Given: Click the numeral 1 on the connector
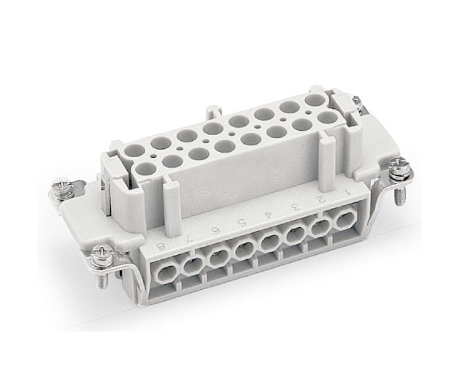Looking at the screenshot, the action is pyautogui.click(x=347, y=192).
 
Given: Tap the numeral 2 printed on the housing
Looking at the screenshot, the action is pyautogui.click(x=322, y=200).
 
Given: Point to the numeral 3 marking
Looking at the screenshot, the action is pyautogui.click(x=296, y=208).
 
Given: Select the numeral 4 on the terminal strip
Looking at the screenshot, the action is pyautogui.click(x=268, y=216).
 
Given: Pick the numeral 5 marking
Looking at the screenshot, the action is pyautogui.click(x=242, y=223).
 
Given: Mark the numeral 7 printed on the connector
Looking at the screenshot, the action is pyautogui.click(x=188, y=240).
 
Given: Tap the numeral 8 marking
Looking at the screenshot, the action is pyautogui.click(x=161, y=248).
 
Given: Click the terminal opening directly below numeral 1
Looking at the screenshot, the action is pyautogui.click(x=345, y=219).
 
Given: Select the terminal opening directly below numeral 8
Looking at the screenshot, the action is pyautogui.click(x=166, y=273).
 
